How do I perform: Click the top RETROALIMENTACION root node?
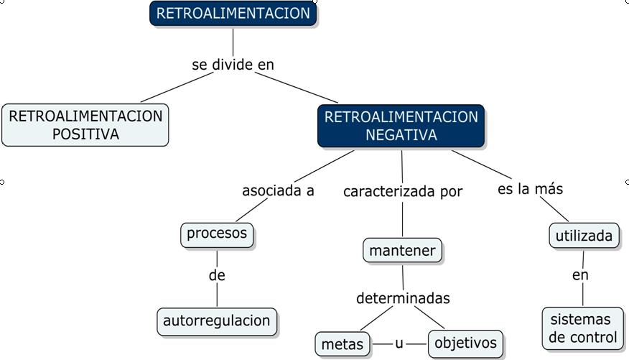[x=233, y=14]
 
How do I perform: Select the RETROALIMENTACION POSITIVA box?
[x=85, y=125]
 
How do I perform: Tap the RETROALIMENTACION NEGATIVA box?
[x=401, y=126]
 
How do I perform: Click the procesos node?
[x=217, y=234]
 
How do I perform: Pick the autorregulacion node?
[x=217, y=320]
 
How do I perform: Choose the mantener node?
[x=402, y=251]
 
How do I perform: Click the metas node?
[x=343, y=344]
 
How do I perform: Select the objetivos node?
[x=465, y=343]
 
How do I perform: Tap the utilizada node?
[x=584, y=235]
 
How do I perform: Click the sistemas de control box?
[x=583, y=328]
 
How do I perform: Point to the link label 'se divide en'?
[x=233, y=65]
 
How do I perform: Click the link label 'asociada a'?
[x=278, y=191]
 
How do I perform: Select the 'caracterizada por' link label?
[x=402, y=192]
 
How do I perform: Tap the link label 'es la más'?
[x=530, y=189]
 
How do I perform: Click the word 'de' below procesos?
[x=217, y=275]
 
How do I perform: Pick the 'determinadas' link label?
[x=403, y=297]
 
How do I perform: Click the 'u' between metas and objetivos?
[x=399, y=343]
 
